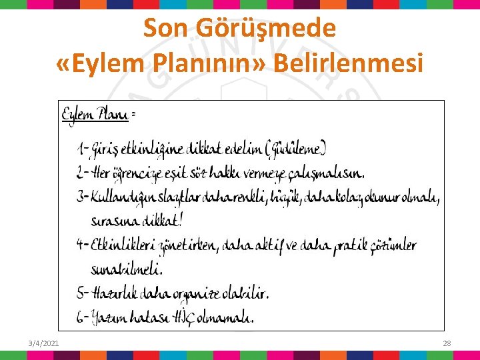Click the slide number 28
coord(447,343)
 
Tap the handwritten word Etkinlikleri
coord(123,245)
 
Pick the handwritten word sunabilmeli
coord(126,269)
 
